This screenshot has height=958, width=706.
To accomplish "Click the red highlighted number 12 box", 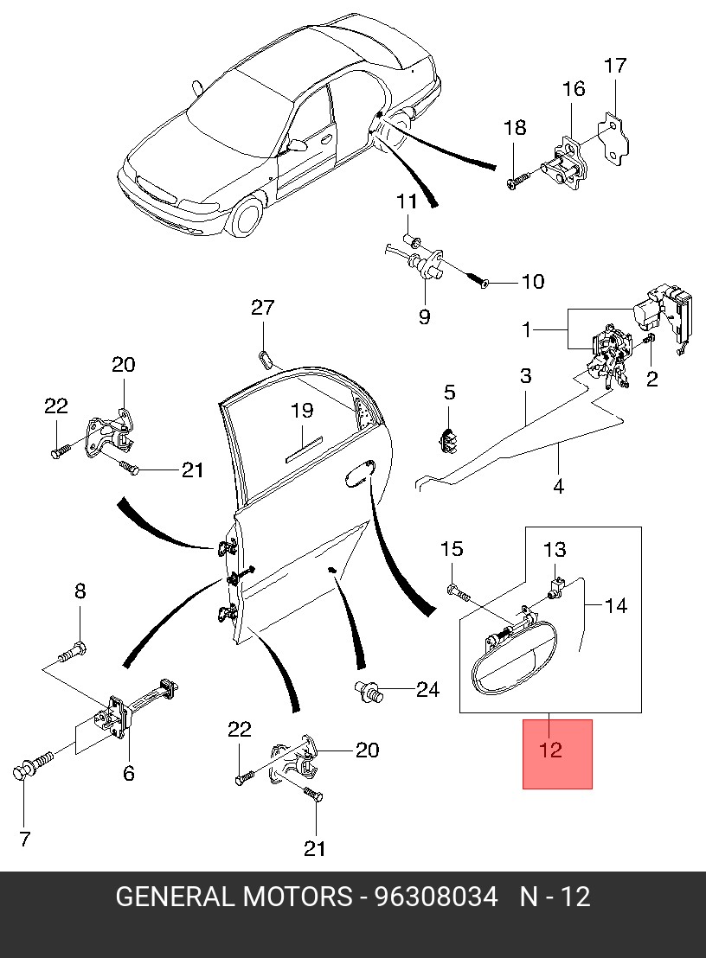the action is (x=557, y=754).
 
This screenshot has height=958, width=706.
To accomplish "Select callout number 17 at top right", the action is (x=615, y=66).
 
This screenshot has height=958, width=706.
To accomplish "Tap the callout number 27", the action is (x=263, y=307).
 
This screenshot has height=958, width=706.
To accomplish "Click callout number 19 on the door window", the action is (x=302, y=410).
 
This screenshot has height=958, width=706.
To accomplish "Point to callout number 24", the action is (x=427, y=690).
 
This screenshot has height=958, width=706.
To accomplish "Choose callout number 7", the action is (x=24, y=839).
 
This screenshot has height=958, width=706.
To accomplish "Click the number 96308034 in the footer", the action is (x=436, y=897).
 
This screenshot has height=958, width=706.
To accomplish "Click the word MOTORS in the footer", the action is (x=298, y=897).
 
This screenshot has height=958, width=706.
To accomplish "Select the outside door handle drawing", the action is (x=512, y=664).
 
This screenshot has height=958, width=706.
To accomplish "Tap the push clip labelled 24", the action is (x=369, y=692).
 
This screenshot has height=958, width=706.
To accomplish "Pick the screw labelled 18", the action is (x=518, y=180).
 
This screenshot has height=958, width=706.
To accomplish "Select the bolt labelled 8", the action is (x=73, y=652).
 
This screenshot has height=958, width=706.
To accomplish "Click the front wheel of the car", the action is (x=247, y=216).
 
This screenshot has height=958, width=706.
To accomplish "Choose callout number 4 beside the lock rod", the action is (x=558, y=486).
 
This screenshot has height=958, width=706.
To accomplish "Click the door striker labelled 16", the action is (x=568, y=163).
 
